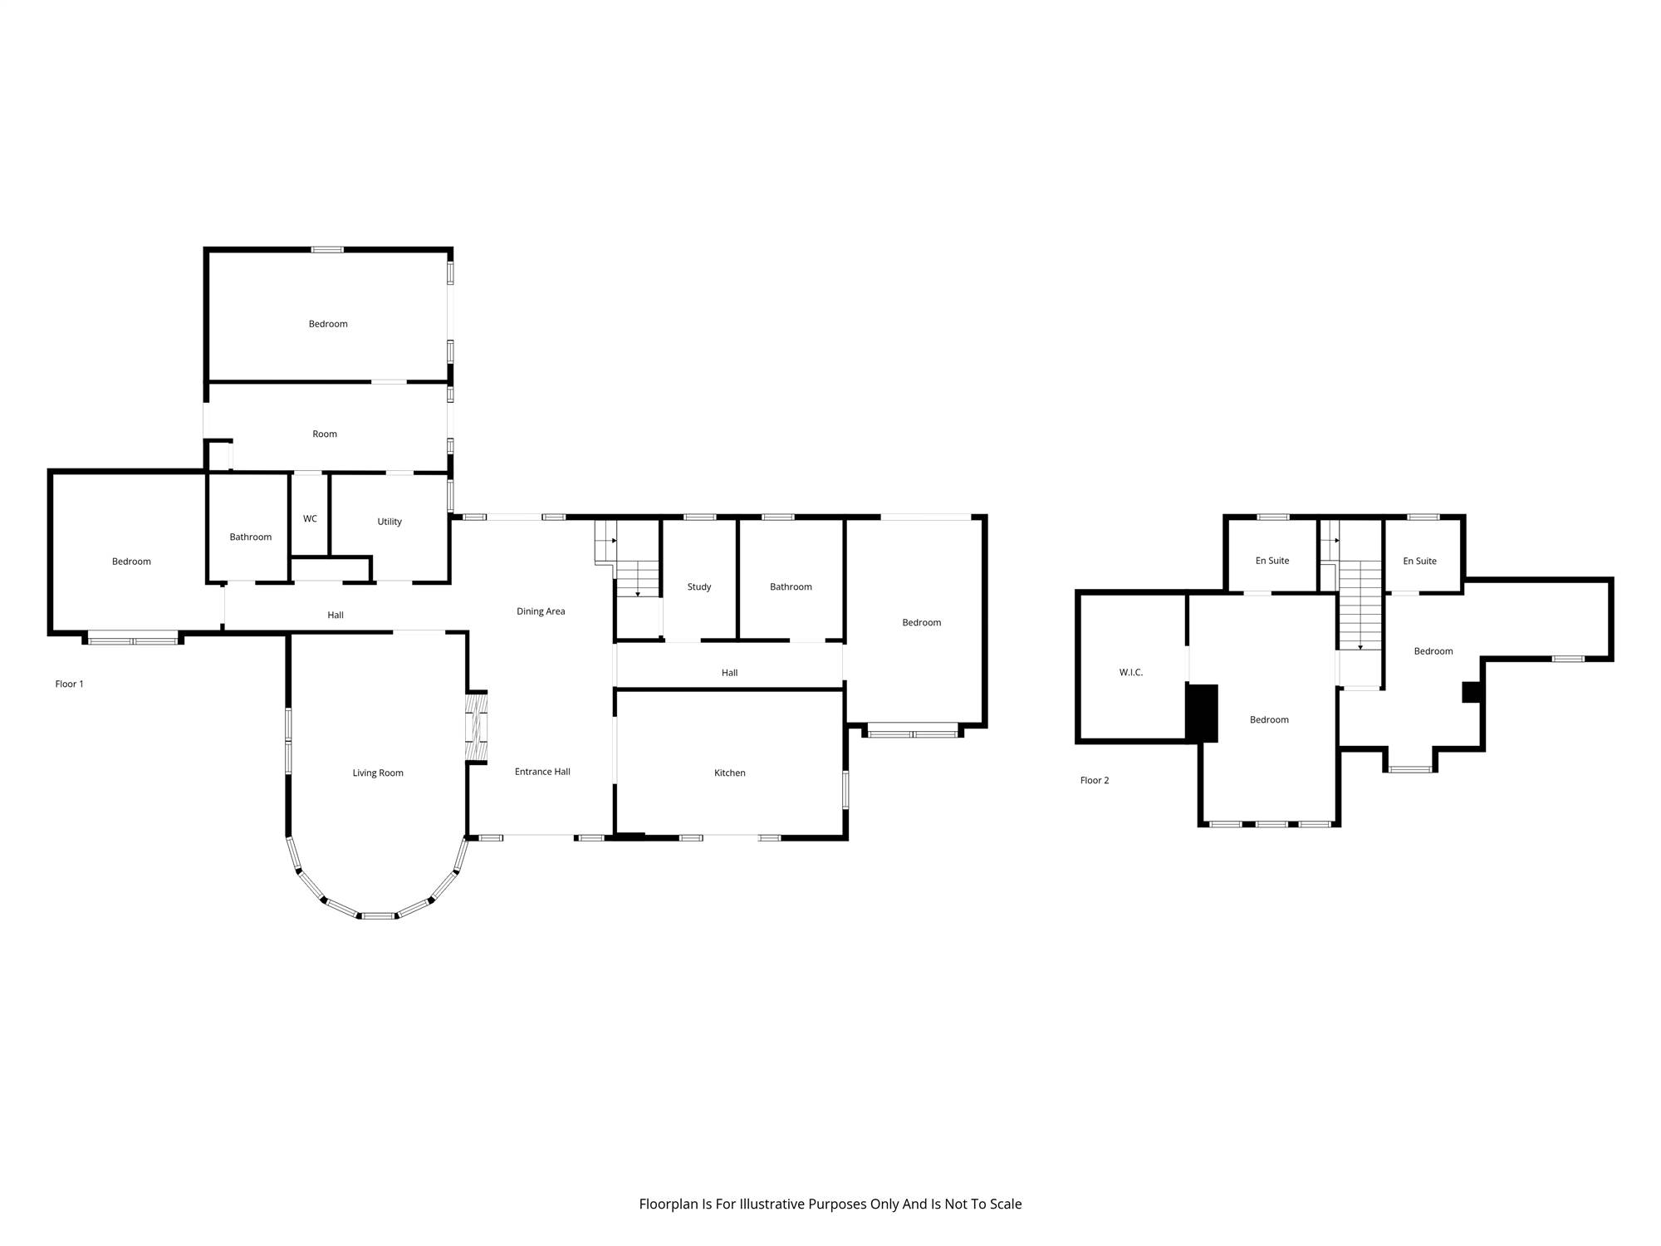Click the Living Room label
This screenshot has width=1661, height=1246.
click(x=378, y=773)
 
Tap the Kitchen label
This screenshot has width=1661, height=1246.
click(x=730, y=773)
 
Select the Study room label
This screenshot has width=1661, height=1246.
click(x=699, y=586)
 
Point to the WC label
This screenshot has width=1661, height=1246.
click(x=310, y=518)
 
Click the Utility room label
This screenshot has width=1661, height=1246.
click(x=390, y=522)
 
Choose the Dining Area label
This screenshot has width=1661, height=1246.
click(x=541, y=611)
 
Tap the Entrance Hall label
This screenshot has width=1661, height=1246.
click(x=542, y=772)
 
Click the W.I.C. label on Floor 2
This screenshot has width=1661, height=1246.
click(x=1131, y=672)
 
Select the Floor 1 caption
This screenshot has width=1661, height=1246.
click(x=70, y=684)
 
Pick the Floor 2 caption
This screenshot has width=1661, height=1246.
click(x=1095, y=780)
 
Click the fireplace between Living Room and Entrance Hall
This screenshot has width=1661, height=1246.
click(x=477, y=727)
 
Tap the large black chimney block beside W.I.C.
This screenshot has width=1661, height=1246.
click(x=1202, y=713)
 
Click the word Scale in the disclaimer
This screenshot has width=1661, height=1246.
click(x=1006, y=1204)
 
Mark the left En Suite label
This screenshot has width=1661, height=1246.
click(x=1272, y=561)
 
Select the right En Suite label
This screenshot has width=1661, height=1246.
click(x=1419, y=561)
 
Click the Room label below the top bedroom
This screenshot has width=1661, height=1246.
click(x=325, y=434)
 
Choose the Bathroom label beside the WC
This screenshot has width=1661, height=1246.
click(x=251, y=537)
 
